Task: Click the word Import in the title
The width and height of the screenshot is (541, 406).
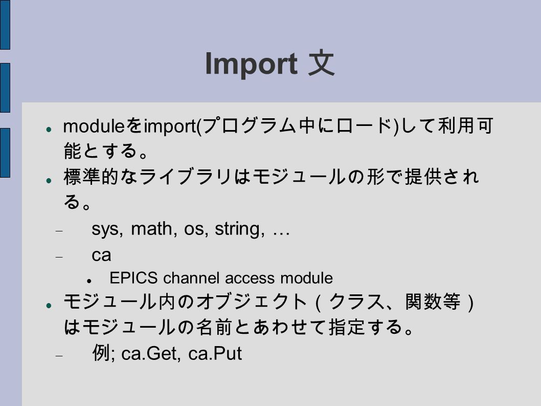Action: (x=251, y=64)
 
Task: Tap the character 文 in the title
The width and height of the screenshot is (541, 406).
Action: (x=321, y=63)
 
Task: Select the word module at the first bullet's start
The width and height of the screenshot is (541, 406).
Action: (x=93, y=126)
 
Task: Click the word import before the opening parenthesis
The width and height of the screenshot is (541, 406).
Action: (x=170, y=126)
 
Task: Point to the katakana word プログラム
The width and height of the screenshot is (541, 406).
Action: (x=247, y=126)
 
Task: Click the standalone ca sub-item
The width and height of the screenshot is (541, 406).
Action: (x=101, y=255)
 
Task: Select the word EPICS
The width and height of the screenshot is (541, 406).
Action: (x=133, y=278)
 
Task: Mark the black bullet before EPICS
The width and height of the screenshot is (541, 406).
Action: (x=89, y=281)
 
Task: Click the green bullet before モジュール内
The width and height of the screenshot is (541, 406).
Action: (x=49, y=306)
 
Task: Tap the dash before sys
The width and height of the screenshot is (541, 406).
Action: (x=59, y=231)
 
